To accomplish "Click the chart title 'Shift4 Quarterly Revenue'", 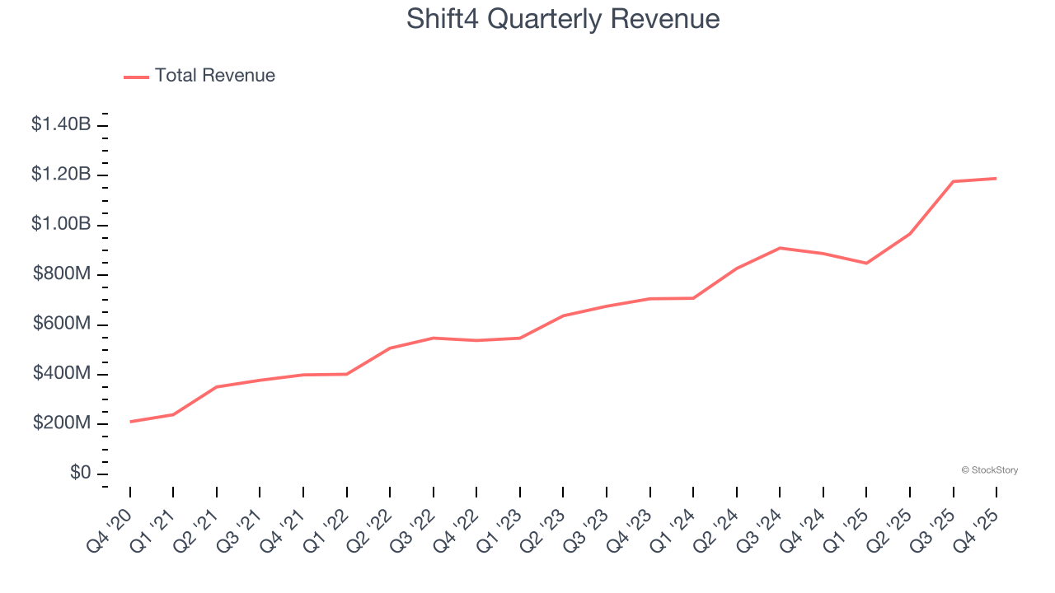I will tap(563, 20).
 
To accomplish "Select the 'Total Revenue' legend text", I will tap(215, 76).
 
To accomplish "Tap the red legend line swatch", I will tap(136, 77).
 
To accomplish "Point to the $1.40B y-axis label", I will tap(61, 125).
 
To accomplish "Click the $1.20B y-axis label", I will tap(61, 175).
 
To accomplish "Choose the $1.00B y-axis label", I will tap(61, 225).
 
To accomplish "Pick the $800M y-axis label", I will tap(62, 274).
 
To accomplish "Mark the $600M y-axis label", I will tap(62, 325).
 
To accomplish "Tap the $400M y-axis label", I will tap(62, 374).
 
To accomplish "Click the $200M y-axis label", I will tap(62, 424).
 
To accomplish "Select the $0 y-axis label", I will tap(80, 474).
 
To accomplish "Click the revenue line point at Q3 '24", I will tap(780, 248).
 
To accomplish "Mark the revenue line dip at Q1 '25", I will tap(866, 264).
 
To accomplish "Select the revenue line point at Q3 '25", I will tap(953, 181).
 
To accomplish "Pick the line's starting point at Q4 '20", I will tap(130, 422).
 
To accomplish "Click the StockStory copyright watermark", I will tap(989, 470).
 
